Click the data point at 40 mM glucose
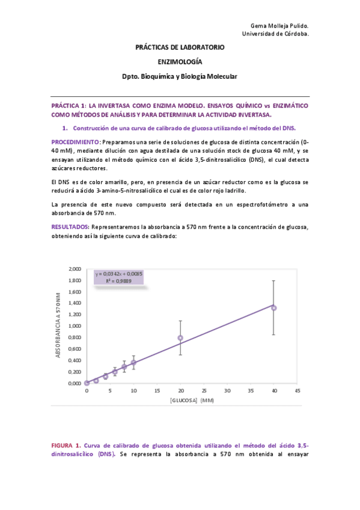click(x=273, y=308)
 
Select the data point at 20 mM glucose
click(x=180, y=338)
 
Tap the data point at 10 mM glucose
click(x=133, y=363)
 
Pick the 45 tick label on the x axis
click(x=297, y=390)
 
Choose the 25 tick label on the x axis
click(x=203, y=390)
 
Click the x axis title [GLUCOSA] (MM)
click(x=192, y=400)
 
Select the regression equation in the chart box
click(x=118, y=274)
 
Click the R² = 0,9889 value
click(x=118, y=281)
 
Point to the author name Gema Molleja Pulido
click(x=279, y=26)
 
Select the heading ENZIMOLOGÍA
click(x=180, y=61)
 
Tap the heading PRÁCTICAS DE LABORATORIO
click(x=180, y=46)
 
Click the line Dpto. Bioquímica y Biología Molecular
click(x=180, y=77)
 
